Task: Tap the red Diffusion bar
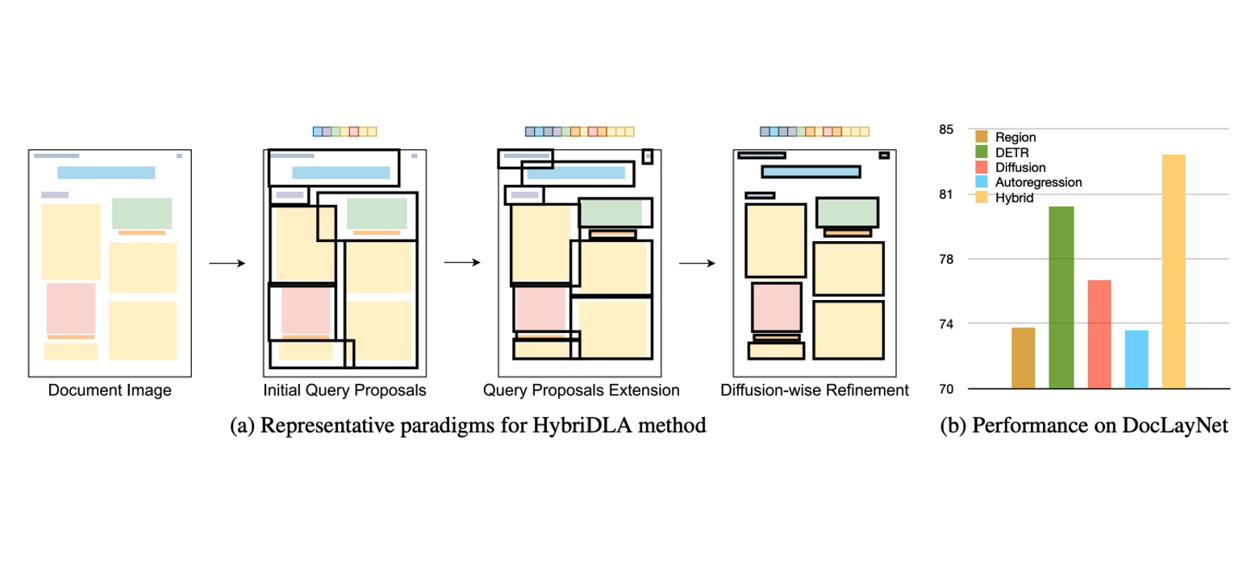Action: pyautogui.click(x=1099, y=334)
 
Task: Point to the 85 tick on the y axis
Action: pyautogui.click(x=945, y=130)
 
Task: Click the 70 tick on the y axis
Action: pyautogui.click(x=945, y=389)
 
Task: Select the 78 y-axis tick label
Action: pyautogui.click(x=945, y=260)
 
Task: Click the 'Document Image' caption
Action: pyautogui.click(x=110, y=391)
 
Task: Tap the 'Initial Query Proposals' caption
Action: pyautogui.click(x=344, y=391)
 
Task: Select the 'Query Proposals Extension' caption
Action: pyautogui.click(x=581, y=391)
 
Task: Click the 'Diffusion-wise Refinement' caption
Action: pyautogui.click(x=815, y=391)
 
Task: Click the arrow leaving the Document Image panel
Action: pyautogui.click(x=227, y=263)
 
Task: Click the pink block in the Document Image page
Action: pyautogui.click(x=71, y=307)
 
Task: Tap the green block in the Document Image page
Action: pyautogui.click(x=142, y=213)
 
